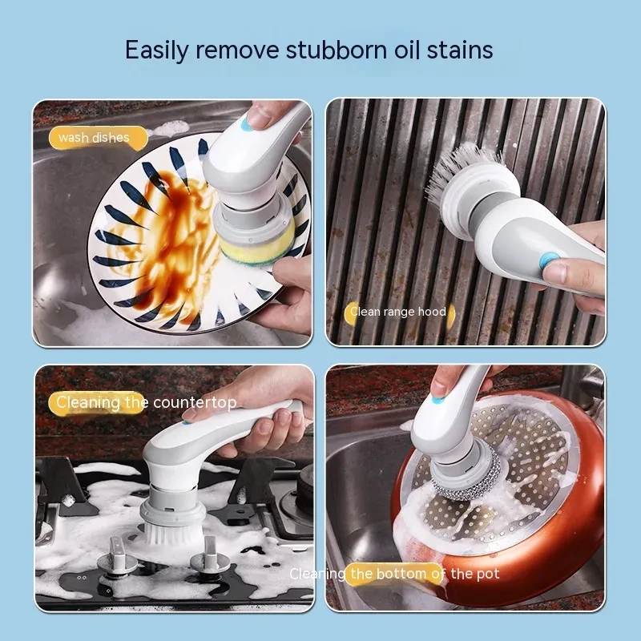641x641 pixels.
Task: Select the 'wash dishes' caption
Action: click(94, 138)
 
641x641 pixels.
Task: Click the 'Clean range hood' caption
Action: click(398, 312)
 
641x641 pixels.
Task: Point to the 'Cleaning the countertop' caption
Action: click(145, 402)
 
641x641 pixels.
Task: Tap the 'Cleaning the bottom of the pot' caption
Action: click(394, 574)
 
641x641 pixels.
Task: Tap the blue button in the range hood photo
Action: click(549, 262)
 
